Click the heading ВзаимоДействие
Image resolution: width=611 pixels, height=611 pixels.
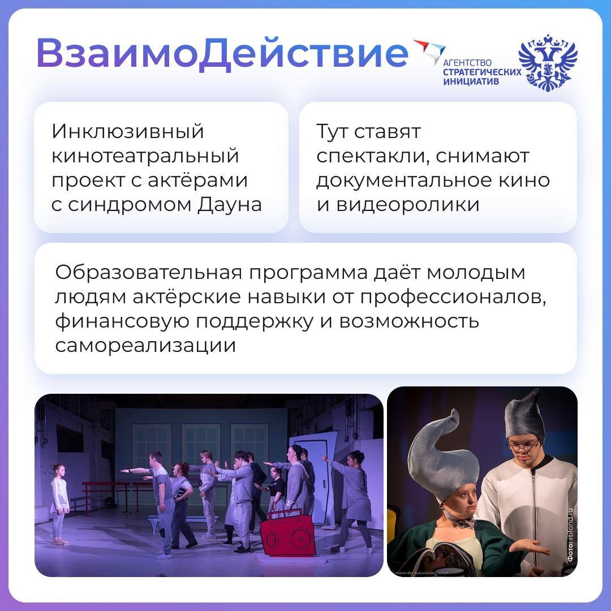click(x=222, y=54)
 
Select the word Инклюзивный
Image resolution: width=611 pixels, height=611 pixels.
click(x=127, y=131)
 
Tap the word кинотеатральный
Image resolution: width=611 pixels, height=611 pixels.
click(x=145, y=156)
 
